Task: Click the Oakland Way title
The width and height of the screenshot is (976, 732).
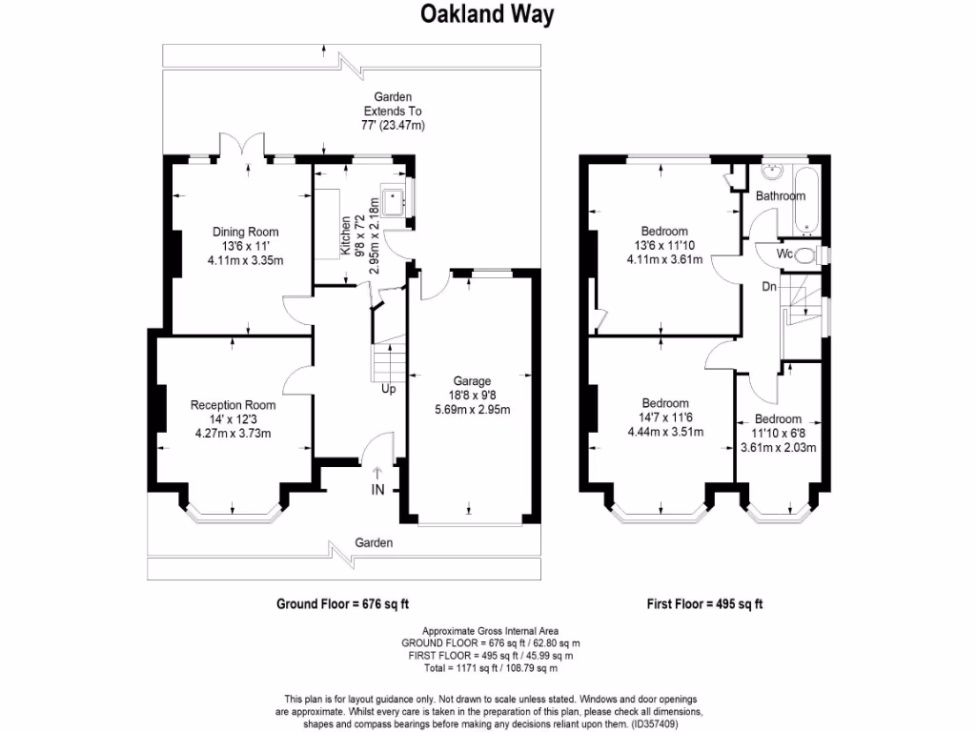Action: tap(487, 15)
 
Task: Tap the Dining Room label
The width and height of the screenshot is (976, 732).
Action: tap(245, 232)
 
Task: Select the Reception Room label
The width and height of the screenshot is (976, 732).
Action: tap(233, 404)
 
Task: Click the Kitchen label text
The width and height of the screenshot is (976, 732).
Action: tap(345, 234)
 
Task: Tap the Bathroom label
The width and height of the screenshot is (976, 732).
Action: tap(781, 195)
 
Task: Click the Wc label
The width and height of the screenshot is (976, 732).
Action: tap(785, 254)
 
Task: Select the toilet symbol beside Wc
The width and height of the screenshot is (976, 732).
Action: tap(806, 254)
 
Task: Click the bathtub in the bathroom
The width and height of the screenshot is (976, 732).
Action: tap(806, 198)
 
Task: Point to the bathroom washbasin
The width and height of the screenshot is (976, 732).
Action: tap(773, 173)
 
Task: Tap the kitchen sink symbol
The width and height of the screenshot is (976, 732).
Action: tap(393, 200)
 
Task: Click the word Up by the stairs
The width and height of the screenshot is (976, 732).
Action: tap(388, 389)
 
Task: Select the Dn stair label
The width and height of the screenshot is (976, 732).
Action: tap(768, 285)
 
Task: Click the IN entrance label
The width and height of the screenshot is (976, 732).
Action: tap(377, 490)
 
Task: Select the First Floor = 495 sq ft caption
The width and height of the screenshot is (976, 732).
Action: tap(704, 603)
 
